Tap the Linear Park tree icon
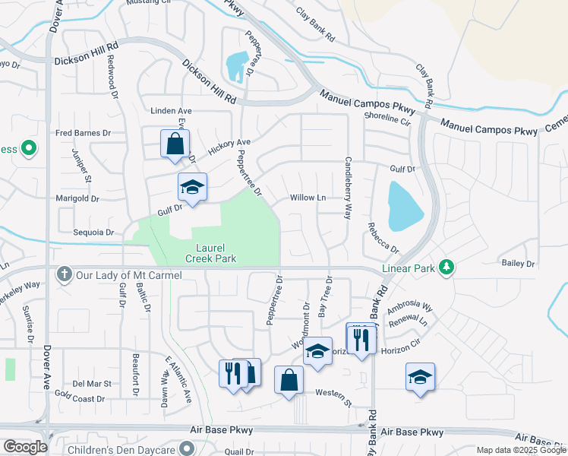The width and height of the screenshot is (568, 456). [x=448, y=267]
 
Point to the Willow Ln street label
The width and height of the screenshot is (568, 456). [x=308, y=198]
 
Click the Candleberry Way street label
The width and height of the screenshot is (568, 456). [x=349, y=188]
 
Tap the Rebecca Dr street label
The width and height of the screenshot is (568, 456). [x=382, y=238]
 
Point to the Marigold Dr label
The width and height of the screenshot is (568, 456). [x=77, y=198]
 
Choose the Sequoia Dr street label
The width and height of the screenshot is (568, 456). [x=93, y=233]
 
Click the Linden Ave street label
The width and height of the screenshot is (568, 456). [x=171, y=110]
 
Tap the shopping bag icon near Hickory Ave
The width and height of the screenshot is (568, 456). [x=175, y=143]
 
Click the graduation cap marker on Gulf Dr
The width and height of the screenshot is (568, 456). [x=192, y=187]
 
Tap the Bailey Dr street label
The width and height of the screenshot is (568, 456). [x=519, y=263]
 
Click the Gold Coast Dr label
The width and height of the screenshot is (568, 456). [x=79, y=398]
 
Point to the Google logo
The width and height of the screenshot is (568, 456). [x=25, y=447]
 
